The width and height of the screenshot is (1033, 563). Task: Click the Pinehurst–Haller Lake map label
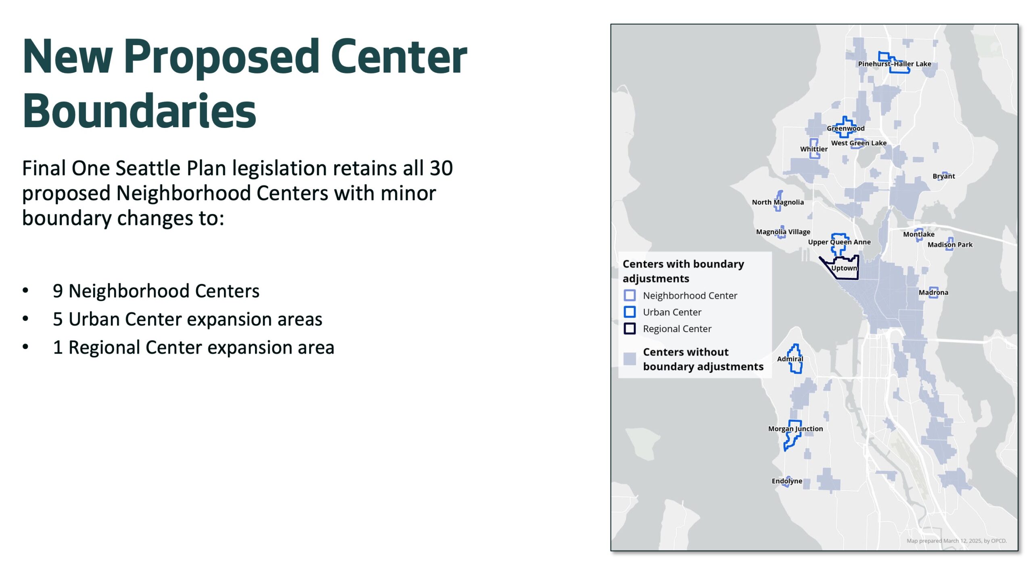point(894,64)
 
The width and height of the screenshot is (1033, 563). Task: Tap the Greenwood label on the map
point(845,128)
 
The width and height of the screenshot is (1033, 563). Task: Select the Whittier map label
point(813,149)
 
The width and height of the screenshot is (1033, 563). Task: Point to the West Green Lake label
point(858,143)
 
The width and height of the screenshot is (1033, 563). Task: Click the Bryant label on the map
point(943,176)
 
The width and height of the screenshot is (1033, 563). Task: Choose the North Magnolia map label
point(778,202)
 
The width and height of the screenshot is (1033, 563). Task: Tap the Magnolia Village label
point(783,232)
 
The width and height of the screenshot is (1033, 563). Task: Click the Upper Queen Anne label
point(839,242)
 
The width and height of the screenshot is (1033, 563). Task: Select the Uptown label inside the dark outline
point(844,268)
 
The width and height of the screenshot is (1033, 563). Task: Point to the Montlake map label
point(918,234)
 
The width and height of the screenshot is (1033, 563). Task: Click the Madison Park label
point(949,245)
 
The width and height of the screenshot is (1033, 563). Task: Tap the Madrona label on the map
point(933,292)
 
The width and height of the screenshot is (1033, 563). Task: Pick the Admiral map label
point(790,359)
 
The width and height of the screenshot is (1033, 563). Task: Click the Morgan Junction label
point(795,429)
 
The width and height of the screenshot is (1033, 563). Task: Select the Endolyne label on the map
point(786,481)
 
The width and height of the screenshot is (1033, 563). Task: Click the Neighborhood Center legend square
point(629,295)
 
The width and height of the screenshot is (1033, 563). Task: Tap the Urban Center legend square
point(629,312)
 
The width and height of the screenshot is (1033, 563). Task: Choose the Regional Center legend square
point(629,329)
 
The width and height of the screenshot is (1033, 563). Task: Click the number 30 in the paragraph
point(441,168)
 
